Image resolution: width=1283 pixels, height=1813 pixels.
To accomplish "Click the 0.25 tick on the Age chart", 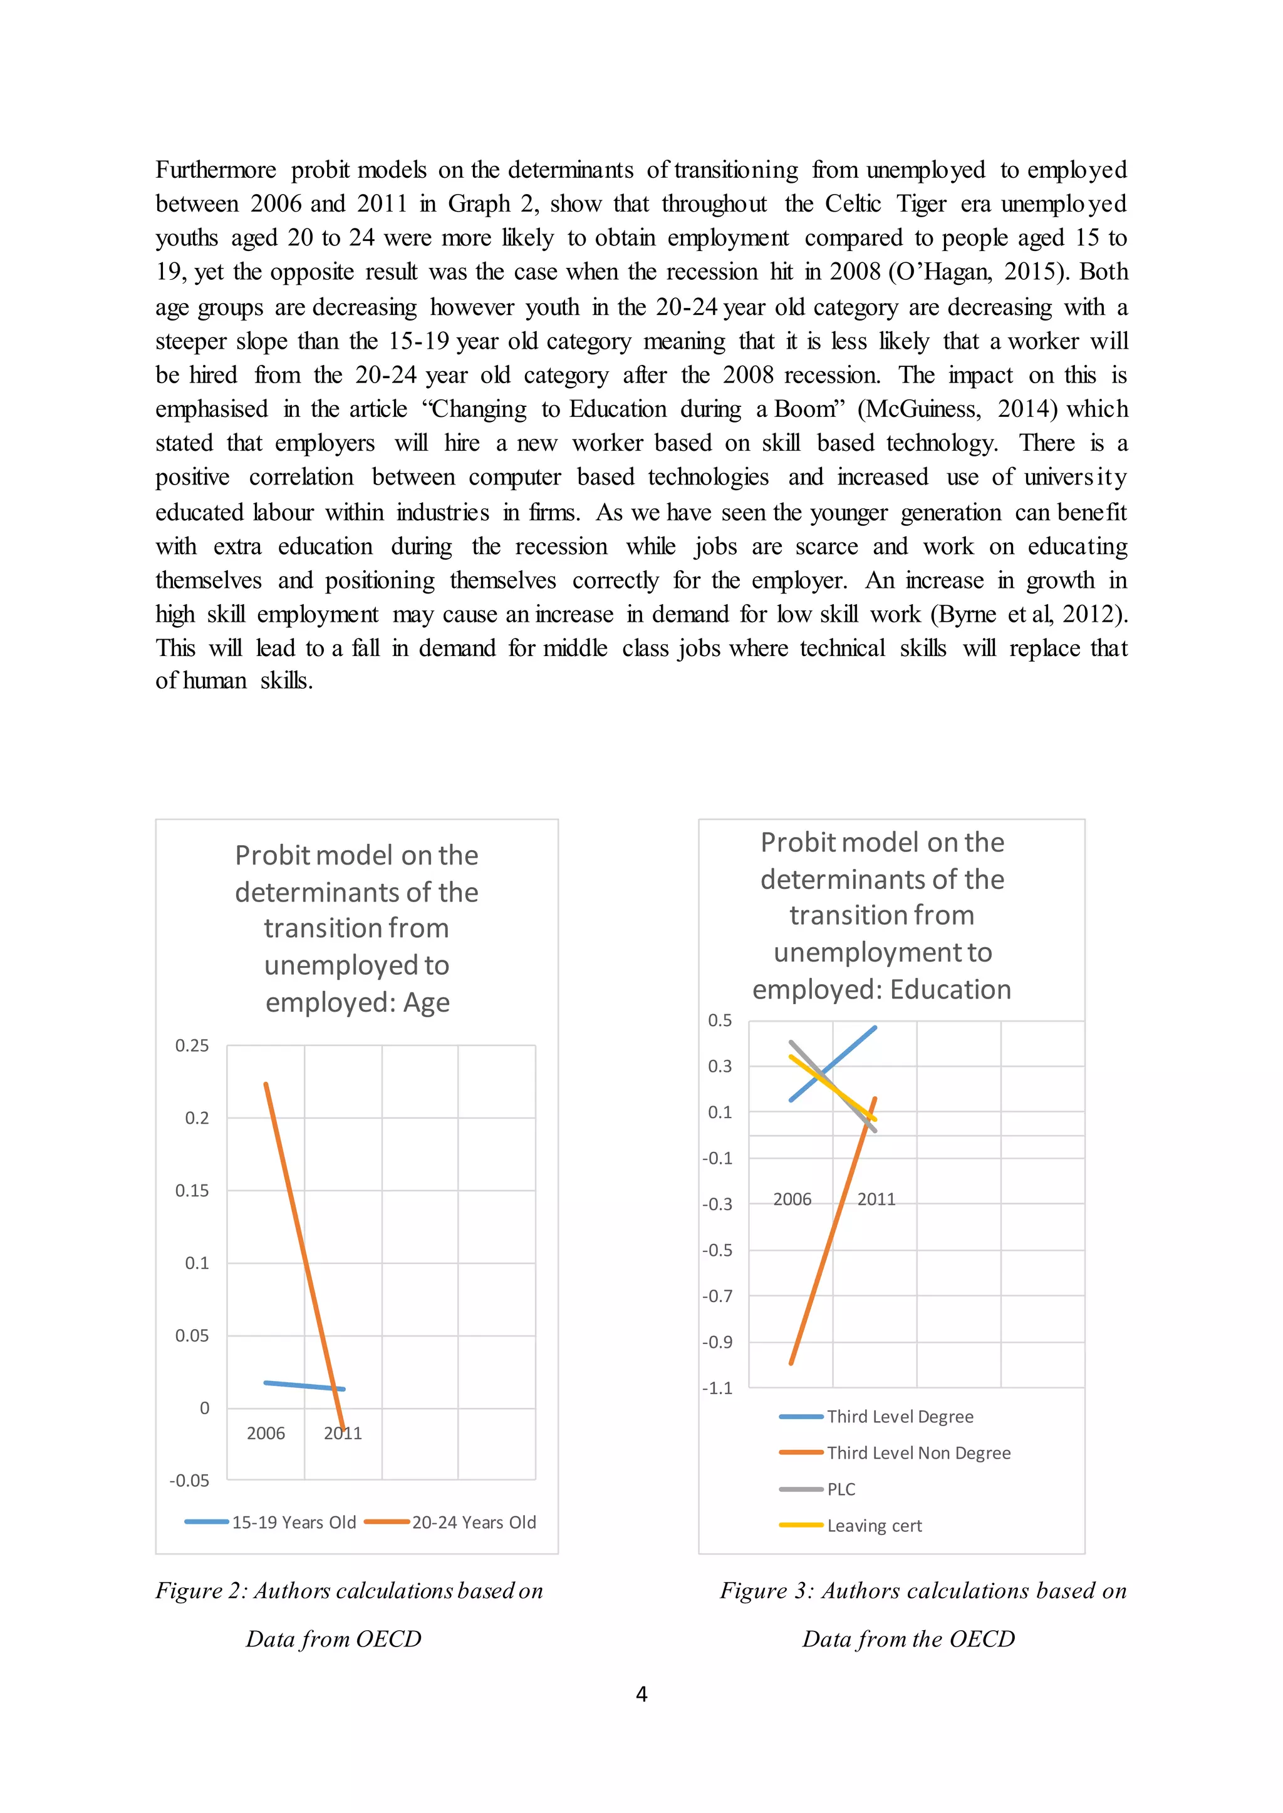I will (192, 1045).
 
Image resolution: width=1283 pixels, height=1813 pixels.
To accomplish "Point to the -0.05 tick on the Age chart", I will (190, 1481).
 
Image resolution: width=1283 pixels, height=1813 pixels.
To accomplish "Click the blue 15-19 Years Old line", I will (304, 1386).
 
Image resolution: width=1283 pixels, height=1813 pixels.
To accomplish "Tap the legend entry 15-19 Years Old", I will (293, 1523).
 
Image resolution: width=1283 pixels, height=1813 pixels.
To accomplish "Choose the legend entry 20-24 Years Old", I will (473, 1523).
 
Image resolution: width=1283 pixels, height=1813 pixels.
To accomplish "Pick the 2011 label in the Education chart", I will (876, 1199).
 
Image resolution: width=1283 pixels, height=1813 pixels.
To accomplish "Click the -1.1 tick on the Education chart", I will (717, 1388).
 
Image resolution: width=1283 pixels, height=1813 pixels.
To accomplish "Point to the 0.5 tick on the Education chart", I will (720, 1020).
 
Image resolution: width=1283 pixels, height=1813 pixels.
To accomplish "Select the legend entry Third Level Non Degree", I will (918, 1453).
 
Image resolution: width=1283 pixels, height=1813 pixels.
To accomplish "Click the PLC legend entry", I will (841, 1489).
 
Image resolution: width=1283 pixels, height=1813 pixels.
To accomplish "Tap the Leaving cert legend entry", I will (874, 1526).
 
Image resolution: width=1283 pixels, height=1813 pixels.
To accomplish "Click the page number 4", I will (641, 1694).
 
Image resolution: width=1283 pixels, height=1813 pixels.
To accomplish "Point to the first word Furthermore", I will (216, 170).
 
